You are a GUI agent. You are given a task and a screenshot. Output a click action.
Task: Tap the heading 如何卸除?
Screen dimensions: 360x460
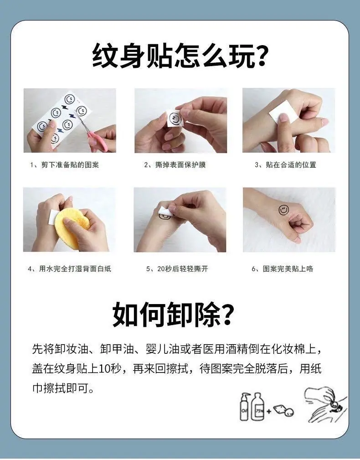tap(174, 315)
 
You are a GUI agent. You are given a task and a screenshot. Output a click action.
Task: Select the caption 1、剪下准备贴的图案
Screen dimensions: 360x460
tap(64, 165)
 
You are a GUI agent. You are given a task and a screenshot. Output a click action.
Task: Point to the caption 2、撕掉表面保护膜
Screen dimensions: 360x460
tap(175, 165)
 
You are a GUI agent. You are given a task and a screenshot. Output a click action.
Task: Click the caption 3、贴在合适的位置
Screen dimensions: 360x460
tap(285, 165)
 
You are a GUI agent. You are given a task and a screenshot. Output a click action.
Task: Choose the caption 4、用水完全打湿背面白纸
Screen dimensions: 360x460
tap(69, 269)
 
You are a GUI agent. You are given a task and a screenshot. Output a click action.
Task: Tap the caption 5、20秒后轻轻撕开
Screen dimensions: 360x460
tap(177, 269)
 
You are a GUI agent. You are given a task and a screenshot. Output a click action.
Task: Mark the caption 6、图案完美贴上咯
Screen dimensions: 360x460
tap(283, 269)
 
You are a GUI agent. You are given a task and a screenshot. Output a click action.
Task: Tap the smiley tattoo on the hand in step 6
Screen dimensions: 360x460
tap(283, 210)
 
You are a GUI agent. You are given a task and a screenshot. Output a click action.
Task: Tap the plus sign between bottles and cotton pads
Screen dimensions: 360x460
tap(269, 411)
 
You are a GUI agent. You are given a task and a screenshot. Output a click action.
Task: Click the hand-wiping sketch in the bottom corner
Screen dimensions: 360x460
tap(326, 405)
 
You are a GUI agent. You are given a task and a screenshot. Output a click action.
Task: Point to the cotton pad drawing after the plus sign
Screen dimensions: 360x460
tap(283, 410)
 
